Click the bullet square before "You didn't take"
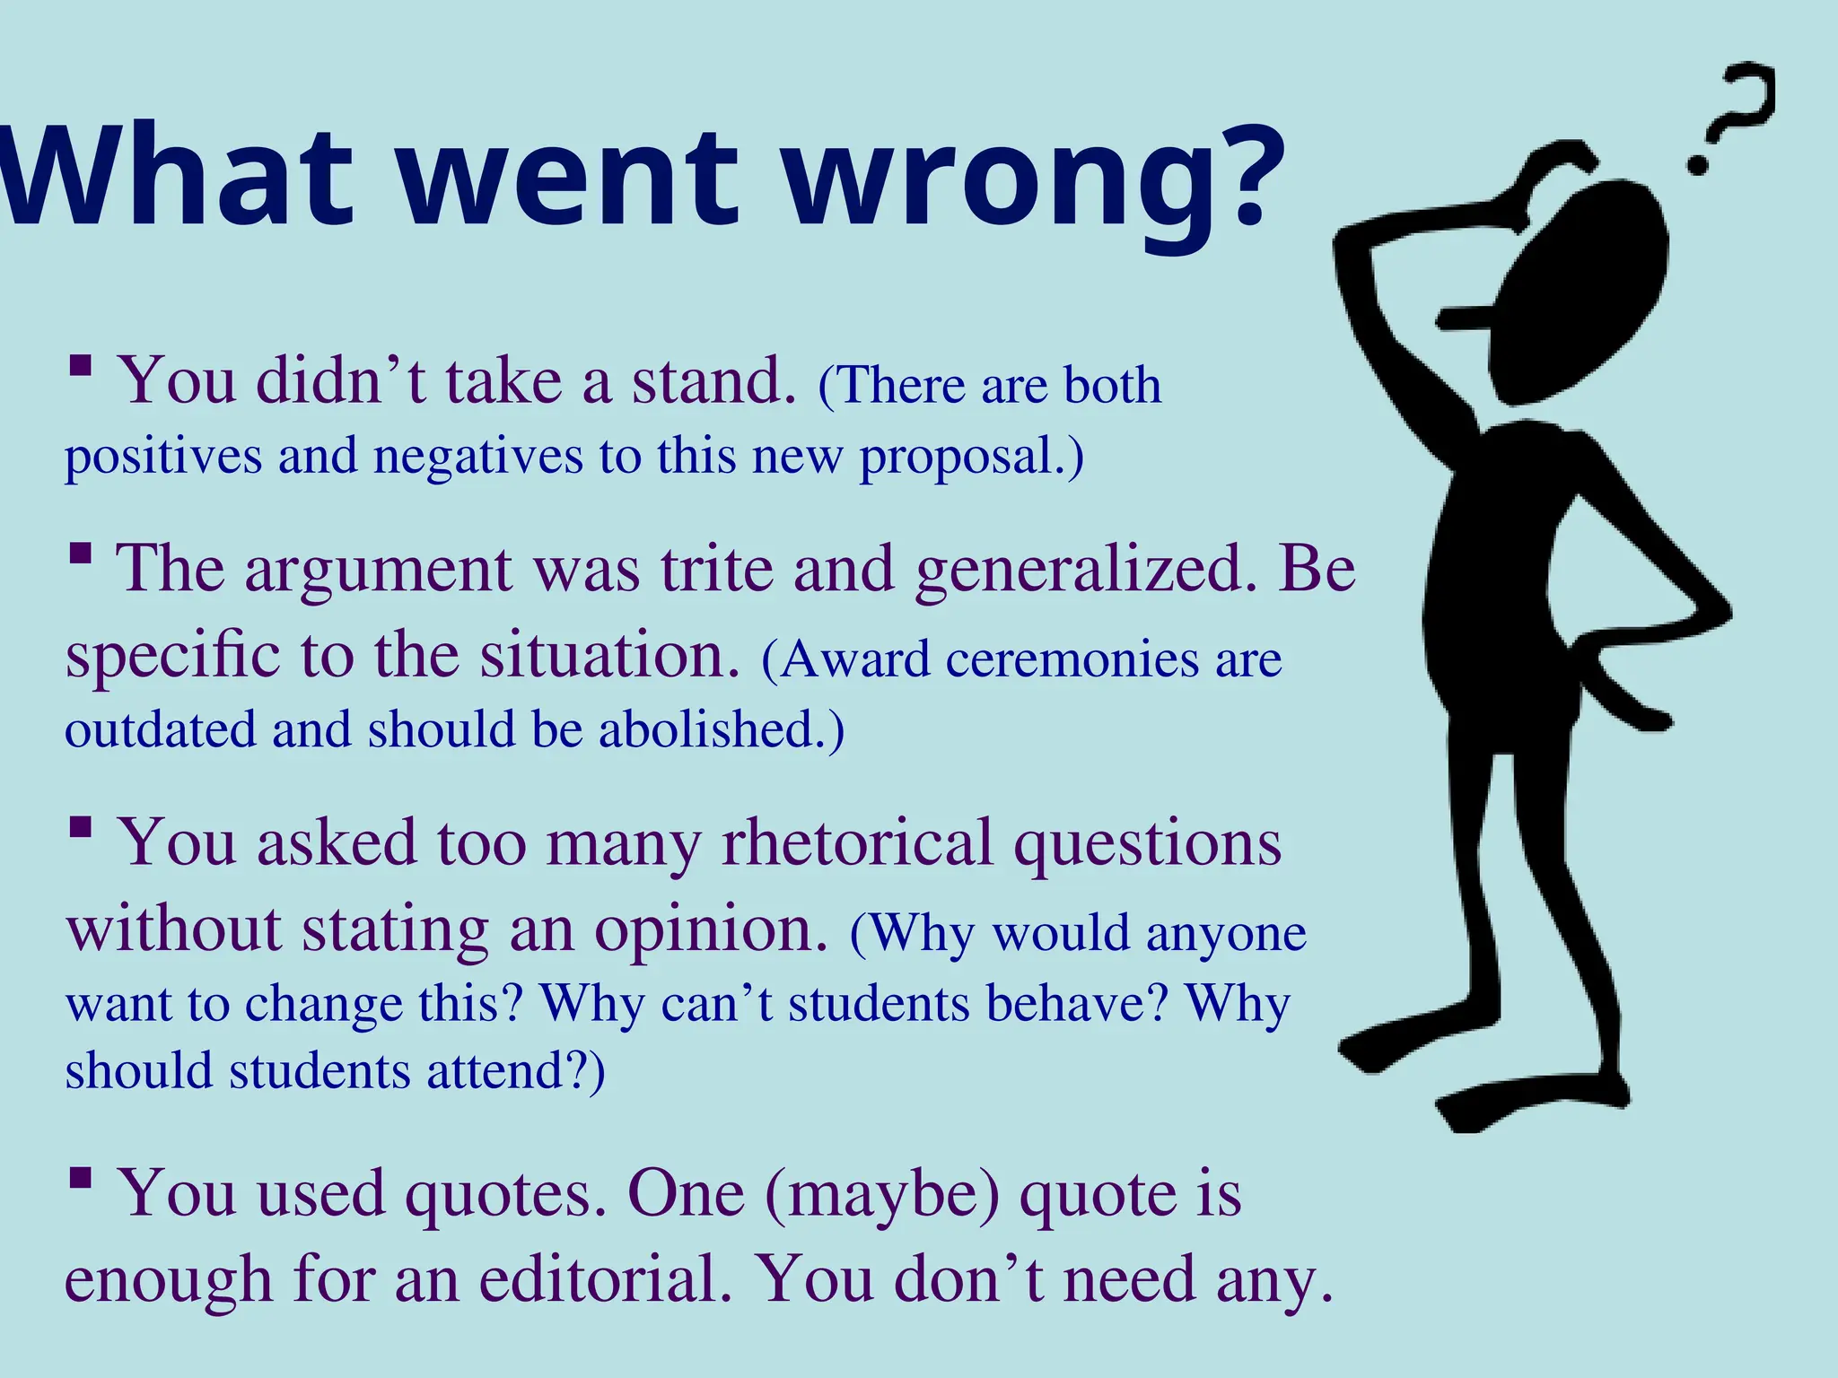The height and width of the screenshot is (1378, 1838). [x=81, y=365]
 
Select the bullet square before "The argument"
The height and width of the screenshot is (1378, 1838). [x=81, y=553]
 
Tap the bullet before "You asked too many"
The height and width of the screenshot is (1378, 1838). [x=81, y=826]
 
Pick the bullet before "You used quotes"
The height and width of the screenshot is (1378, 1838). [x=81, y=1177]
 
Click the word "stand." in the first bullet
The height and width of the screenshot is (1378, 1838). [x=714, y=381]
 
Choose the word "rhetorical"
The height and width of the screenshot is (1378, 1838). [x=857, y=843]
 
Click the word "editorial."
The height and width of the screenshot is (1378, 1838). [x=605, y=1279]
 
